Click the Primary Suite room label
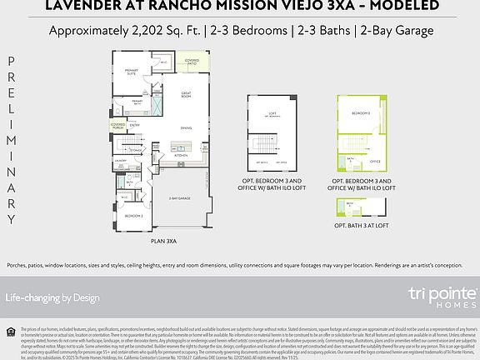(x=131, y=72)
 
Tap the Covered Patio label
(x=192, y=62)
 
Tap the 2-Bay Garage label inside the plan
(x=178, y=198)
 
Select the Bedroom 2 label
(x=133, y=216)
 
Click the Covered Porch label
(x=118, y=125)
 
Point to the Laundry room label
(x=120, y=160)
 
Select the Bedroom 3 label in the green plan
(x=360, y=112)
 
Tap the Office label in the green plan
(x=375, y=162)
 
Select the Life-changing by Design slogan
(x=52, y=297)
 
